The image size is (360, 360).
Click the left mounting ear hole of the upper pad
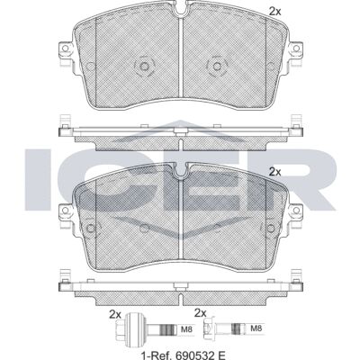65,49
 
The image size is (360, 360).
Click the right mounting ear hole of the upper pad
296,49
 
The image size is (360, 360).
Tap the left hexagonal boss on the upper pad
144,66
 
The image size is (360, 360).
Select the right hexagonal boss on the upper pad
217,66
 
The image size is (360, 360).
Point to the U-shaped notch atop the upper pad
181,11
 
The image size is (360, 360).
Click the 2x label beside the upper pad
274,12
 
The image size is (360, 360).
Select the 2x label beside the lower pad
274,172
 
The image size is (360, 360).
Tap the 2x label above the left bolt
115,315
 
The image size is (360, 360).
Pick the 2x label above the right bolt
201,313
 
